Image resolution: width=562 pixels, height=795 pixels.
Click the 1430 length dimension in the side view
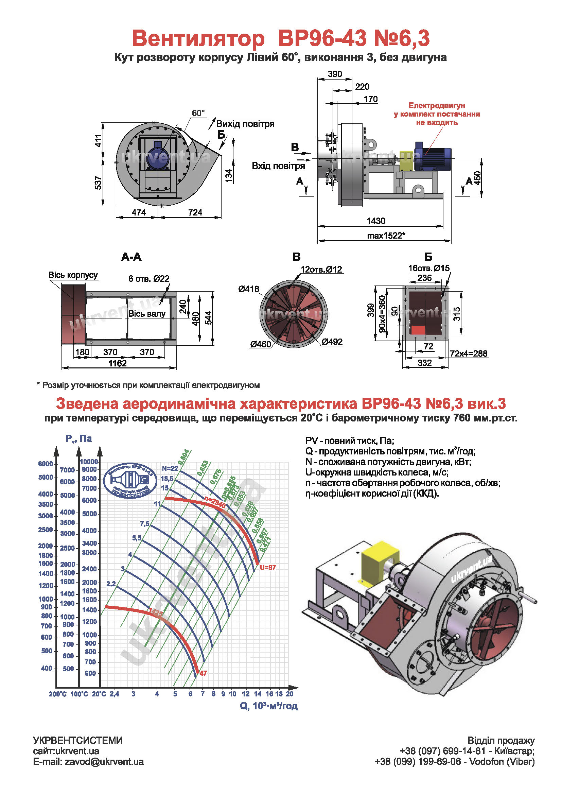(376, 221)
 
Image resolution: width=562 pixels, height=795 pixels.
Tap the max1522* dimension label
(386, 236)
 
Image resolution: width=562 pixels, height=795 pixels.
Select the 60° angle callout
(198, 113)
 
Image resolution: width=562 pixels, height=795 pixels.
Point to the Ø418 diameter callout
(248, 289)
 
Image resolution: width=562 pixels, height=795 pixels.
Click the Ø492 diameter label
(332, 342)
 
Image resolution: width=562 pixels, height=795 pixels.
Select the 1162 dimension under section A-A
(118, 363)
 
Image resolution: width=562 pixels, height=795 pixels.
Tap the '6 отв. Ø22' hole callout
(149, 278)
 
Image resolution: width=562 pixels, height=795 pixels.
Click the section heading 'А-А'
(131, 257)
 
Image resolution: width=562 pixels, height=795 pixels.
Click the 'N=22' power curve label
(170, 468)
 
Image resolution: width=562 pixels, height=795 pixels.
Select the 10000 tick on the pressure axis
(89, 462)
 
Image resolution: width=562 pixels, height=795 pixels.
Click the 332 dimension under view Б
(425, 363)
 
